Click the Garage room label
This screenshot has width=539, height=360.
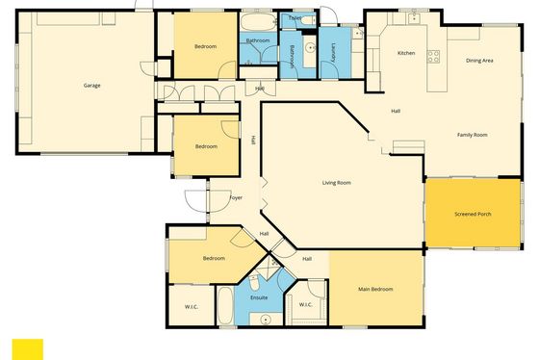(x=91, y=86)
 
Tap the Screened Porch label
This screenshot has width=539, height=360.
(x=473, y=214)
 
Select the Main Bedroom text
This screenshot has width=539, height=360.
(x=375, y=289)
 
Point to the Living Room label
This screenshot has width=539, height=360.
(x=337, y=183)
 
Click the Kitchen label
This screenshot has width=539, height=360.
(x=406, y=53)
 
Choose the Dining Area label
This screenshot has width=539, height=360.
(x=479, y=61)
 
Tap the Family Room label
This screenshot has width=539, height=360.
(x=473, y=135)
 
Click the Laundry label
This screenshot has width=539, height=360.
(x=333, y=53)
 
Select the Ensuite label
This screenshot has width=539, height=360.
(x=259, y=297)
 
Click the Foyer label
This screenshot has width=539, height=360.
(x=236, y=197)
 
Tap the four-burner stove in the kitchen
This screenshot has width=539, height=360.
(x=433, y=57)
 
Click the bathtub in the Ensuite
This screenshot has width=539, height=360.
(x=225, y=305)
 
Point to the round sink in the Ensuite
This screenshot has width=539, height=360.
(x=266, y=320)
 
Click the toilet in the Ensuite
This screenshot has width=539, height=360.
(x=254, y=283)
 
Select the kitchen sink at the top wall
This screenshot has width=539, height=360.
(x=414, y=18)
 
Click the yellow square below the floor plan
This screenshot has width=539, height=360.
(x=28, y=349)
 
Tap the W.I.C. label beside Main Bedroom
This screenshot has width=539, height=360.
(x=306, y=304)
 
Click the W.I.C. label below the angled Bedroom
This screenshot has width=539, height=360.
(x=192, y=307)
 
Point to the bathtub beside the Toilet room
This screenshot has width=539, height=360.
(x=258, y=22)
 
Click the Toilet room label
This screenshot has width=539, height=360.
(x=295, y=18)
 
